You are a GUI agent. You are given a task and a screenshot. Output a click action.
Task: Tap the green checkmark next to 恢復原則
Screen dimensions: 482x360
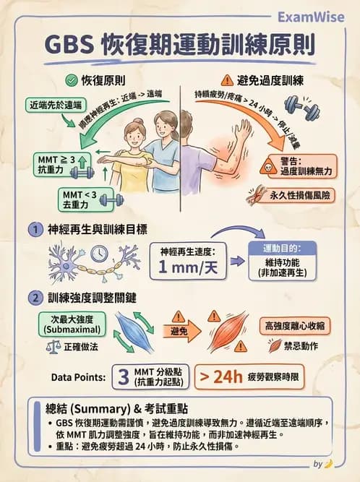coord(71,80)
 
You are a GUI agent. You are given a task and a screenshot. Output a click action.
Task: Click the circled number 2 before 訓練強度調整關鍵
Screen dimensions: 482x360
coord(33,297)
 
